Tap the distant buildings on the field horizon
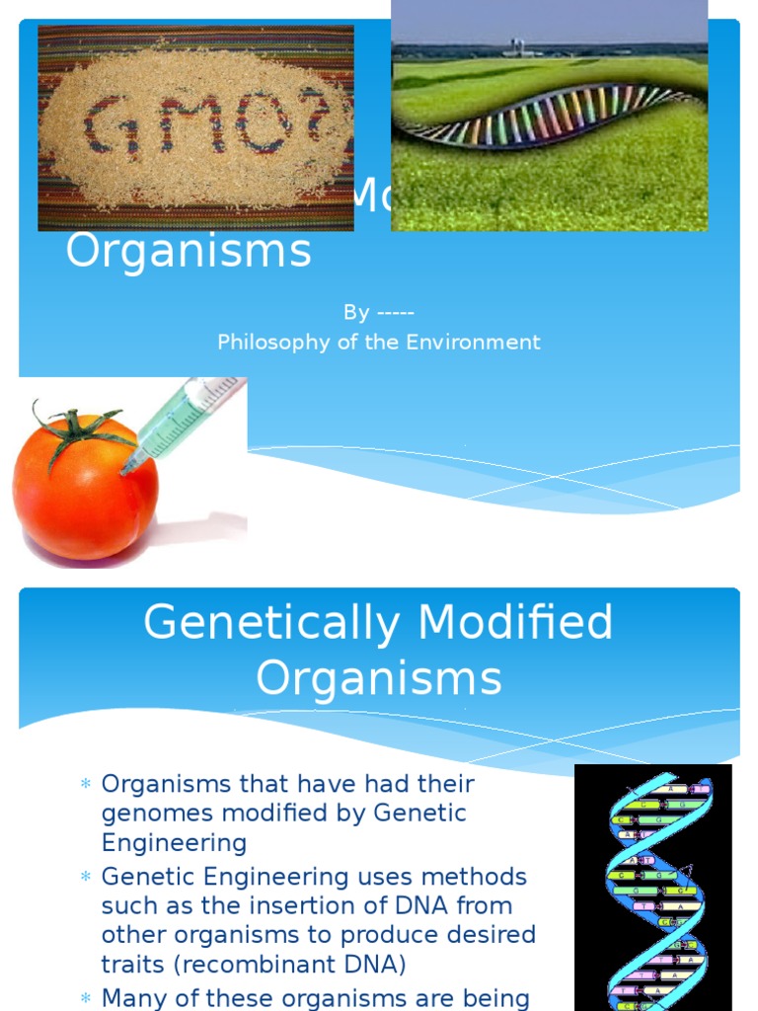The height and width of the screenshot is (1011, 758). [x=524, y=47]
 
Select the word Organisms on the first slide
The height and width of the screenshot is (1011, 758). [x=189, y=252]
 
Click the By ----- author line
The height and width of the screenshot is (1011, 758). [x=379, y=313]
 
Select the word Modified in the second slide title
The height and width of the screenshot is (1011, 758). [x=515, y=623]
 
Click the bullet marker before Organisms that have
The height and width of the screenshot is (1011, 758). [x=85, y=786]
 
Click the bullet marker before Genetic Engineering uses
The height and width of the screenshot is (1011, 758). [x=85, y=878]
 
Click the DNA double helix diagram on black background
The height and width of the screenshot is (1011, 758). [x=653, y=887]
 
